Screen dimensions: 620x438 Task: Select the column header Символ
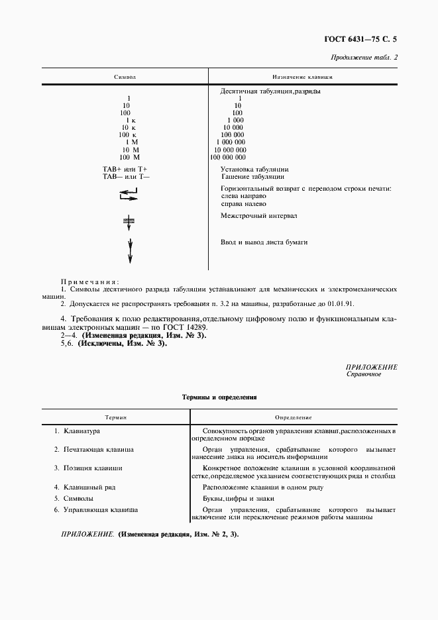point(125,77)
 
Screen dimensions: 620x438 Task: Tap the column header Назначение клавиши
point(303,77)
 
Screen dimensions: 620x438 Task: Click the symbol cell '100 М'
point(129,157)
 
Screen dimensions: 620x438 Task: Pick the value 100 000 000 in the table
point(228,157)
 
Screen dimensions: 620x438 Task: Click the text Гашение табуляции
point(252,177)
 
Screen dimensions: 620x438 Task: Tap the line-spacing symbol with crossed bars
point(129,222)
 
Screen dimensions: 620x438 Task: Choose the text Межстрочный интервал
point(259,216)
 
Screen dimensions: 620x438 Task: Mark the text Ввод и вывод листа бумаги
point(264,242)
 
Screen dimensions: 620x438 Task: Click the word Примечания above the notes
point(90,282)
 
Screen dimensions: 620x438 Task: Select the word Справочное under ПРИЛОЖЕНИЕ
point(364,374)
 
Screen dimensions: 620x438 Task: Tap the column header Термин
point(116,418)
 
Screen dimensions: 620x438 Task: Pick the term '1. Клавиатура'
point(77,431)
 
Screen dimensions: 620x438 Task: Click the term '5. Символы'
point(74,497)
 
